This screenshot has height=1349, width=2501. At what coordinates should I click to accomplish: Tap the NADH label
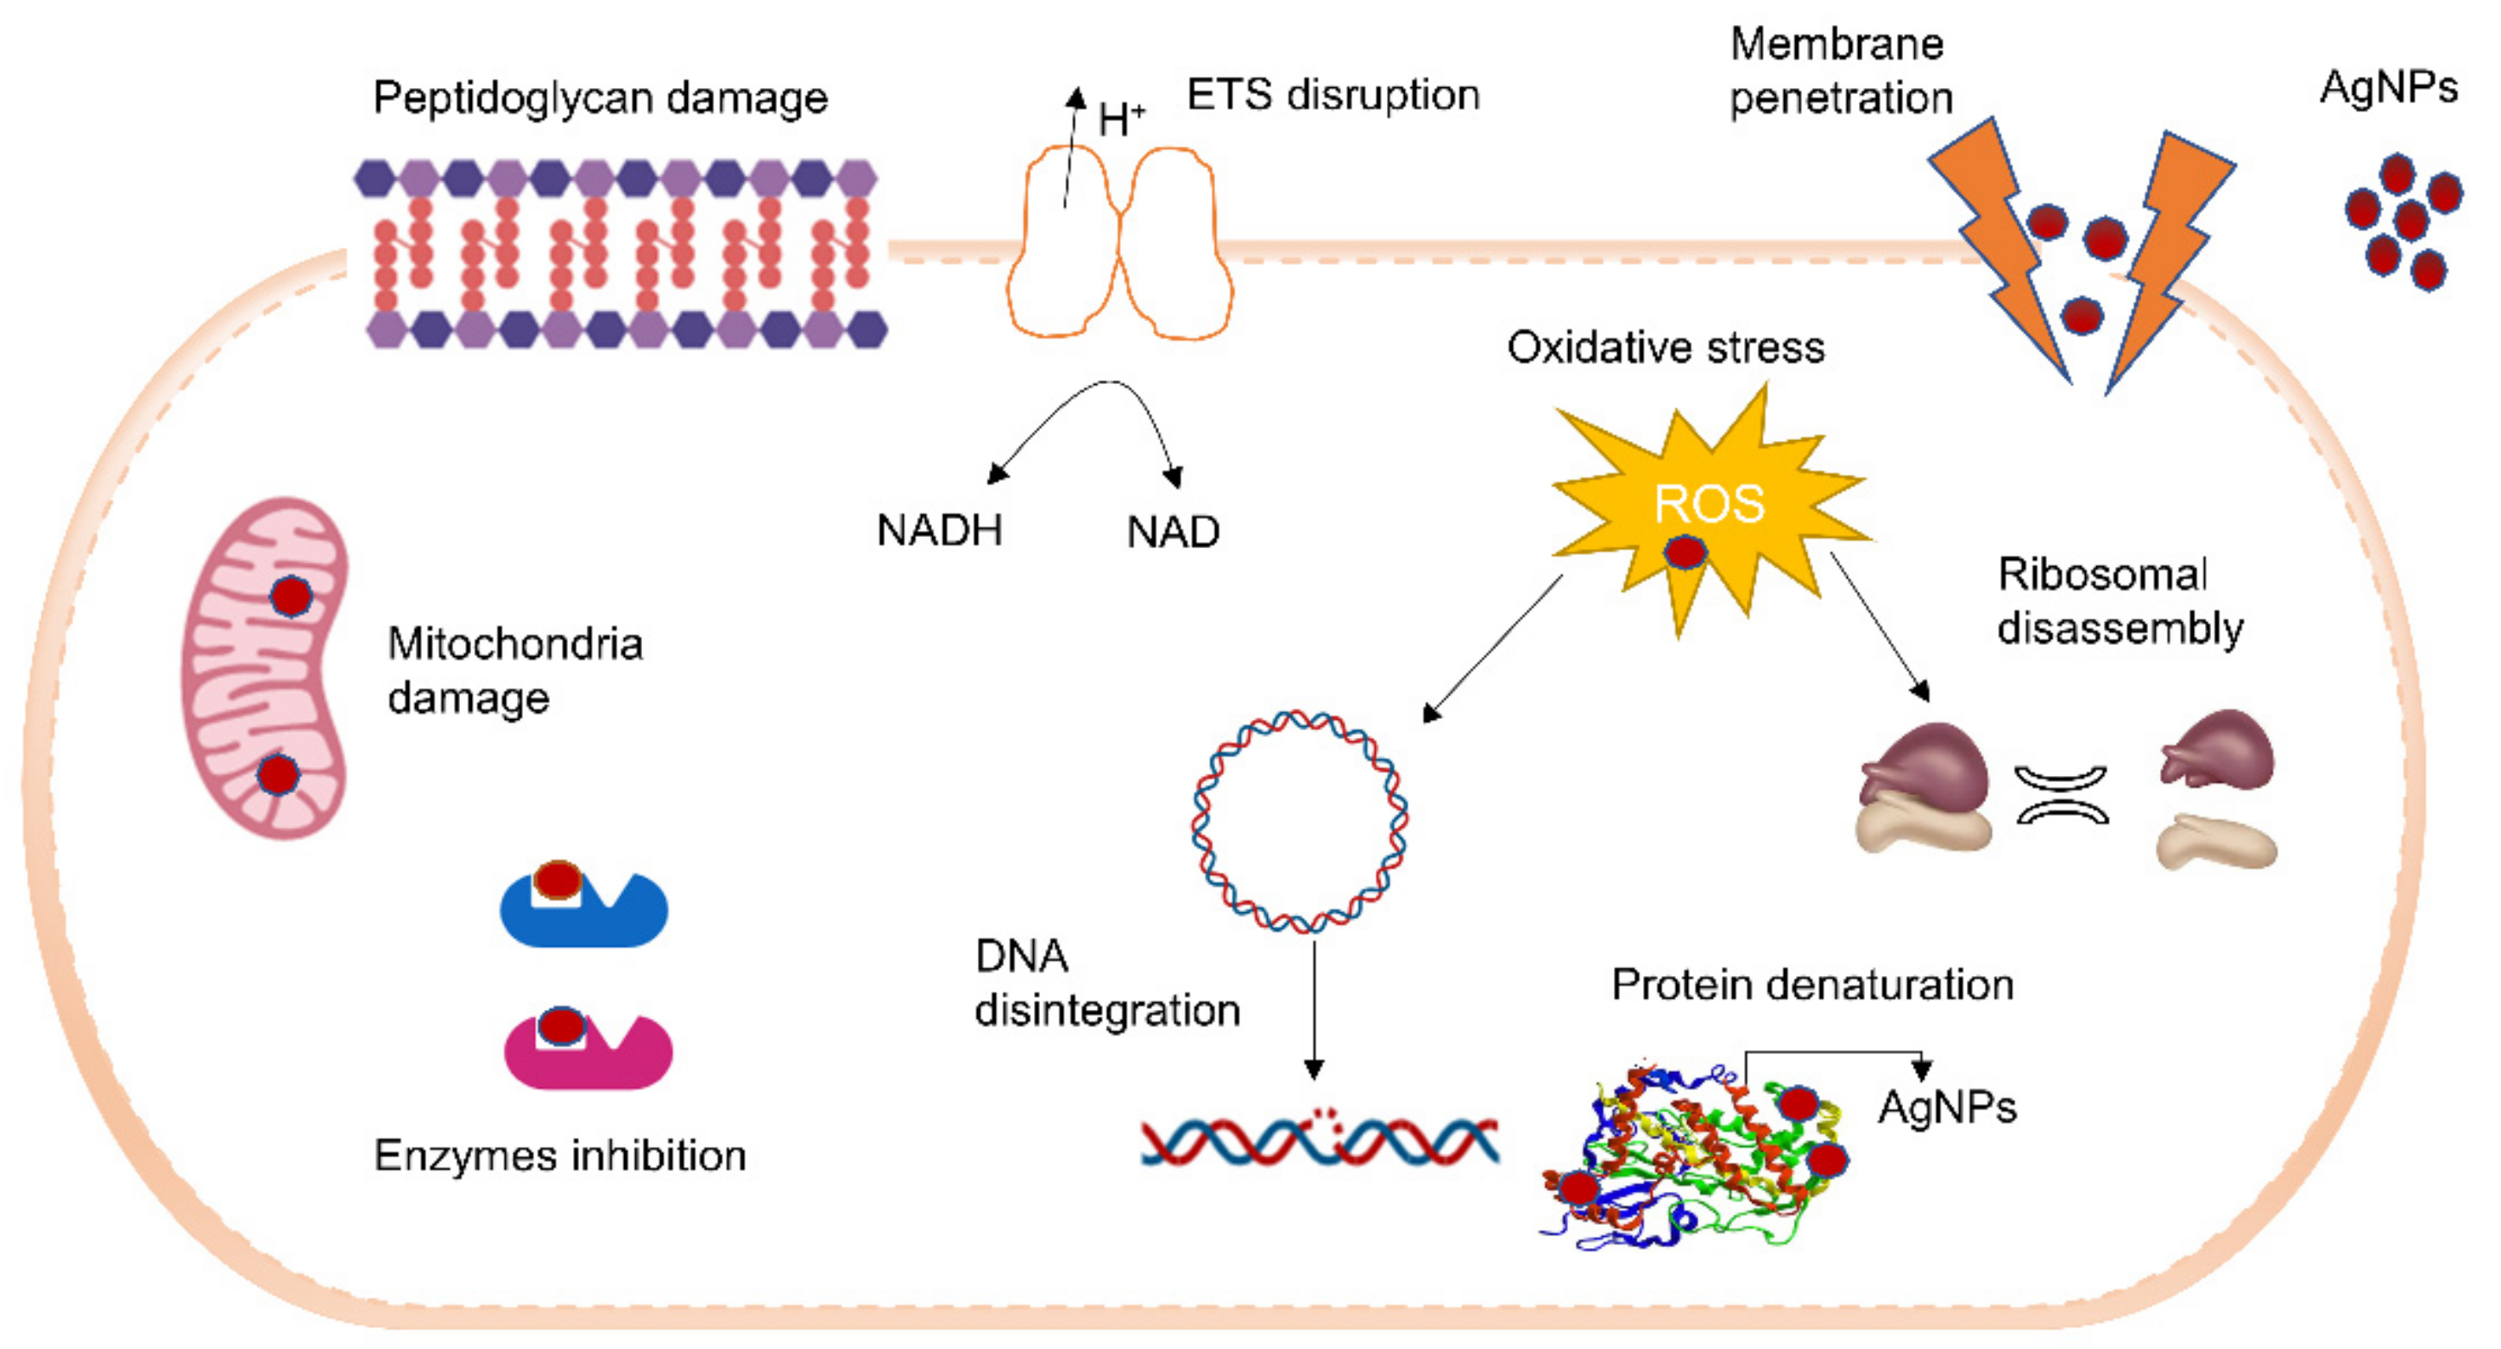pos(939,530)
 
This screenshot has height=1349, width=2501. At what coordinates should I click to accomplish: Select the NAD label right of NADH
pos(1173,533)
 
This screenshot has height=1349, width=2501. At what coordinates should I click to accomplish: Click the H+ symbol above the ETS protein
pos(1119,119)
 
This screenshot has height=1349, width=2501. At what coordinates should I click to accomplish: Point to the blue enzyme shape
pos(583,913)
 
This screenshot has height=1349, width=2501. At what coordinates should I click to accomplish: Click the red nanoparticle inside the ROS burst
pos(1685,552)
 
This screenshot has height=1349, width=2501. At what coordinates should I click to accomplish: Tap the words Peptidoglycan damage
pos(600,98)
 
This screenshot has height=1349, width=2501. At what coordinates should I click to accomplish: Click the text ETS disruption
pos(1333,95)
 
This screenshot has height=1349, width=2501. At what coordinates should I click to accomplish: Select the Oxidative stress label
pos(1665,348)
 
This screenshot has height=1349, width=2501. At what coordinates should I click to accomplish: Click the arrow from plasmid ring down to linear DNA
pos(1313,1010)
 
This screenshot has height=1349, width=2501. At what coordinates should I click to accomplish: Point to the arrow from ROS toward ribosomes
pos(1879,627)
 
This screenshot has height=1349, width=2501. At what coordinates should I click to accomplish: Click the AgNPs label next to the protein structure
pos(1947,1108)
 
